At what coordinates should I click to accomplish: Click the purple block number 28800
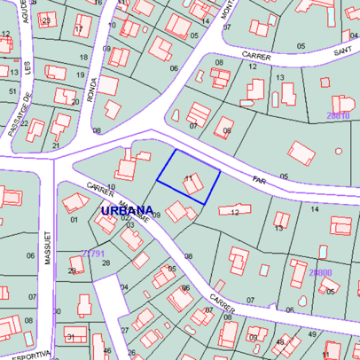(320, 272)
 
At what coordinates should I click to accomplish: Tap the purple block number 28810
(337, 115)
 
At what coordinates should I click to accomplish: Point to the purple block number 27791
(93, 253)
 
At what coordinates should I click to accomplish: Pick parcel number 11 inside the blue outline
(188, 178)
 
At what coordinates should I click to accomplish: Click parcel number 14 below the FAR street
(314, 207)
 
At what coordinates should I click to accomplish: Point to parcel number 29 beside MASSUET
(72, 270)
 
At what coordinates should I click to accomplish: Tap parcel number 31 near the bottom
(70, 337)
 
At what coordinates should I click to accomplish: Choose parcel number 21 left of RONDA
(56, 145)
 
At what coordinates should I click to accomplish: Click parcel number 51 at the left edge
(12, 90)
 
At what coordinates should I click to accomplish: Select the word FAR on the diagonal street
(259, 179)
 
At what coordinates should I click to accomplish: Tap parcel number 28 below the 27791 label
(106, 263)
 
